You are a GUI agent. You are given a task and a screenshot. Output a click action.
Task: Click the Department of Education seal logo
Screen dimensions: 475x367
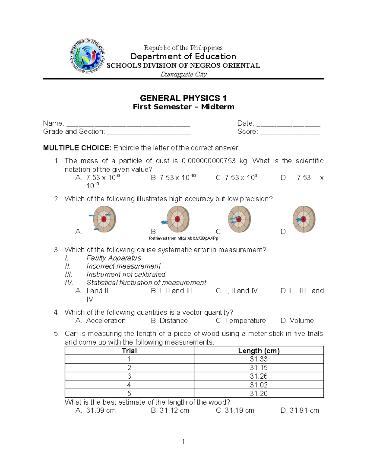87,56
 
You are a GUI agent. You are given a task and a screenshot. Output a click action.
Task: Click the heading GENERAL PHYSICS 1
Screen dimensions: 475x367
183,98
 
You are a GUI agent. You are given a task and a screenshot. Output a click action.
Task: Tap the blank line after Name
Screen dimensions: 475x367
128,124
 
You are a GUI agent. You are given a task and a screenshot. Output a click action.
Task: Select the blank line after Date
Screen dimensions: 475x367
288,124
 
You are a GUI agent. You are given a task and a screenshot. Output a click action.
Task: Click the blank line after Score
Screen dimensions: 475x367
290,132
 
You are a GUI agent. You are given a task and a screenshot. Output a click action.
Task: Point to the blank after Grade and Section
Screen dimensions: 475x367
149,132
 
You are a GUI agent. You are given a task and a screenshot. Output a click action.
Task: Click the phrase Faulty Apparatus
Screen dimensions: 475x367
114,258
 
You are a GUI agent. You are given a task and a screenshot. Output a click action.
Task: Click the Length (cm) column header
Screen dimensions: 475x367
259,351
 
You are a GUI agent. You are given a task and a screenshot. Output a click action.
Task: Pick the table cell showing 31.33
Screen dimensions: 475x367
259,359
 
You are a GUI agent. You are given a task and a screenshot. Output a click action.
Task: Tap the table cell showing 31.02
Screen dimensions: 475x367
259,385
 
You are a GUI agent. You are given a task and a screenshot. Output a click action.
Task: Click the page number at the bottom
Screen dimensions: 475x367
183,441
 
